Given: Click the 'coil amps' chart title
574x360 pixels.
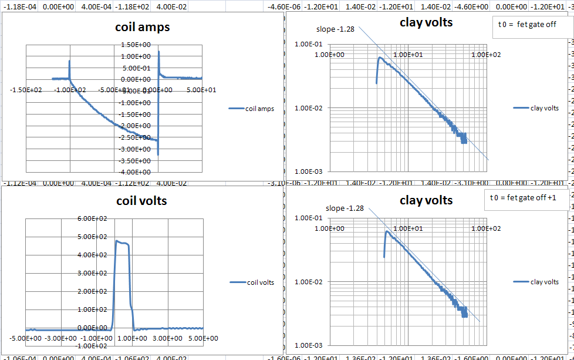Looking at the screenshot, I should pos(141,27).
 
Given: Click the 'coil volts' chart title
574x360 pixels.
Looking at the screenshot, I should pos(141,201).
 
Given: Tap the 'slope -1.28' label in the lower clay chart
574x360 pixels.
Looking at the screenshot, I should pos(345,208).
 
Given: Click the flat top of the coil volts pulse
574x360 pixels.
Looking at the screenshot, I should pos(123,242).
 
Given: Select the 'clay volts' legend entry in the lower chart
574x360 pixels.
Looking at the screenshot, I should pos(544,282).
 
